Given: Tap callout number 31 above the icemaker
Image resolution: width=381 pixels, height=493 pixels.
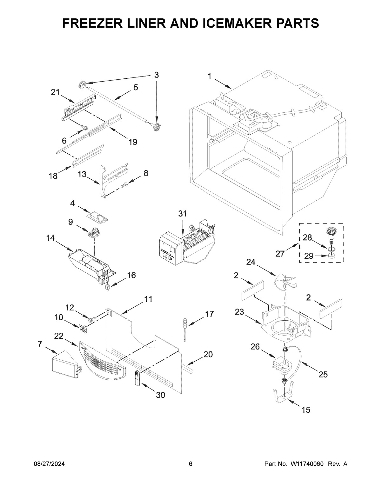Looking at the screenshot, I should point(182,214).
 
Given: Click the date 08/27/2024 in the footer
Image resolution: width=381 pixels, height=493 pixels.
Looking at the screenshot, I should point(49,464).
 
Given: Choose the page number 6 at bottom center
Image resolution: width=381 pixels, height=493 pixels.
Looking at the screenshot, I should point(190,464).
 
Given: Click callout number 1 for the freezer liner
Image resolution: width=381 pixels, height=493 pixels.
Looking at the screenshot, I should point(210,76).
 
